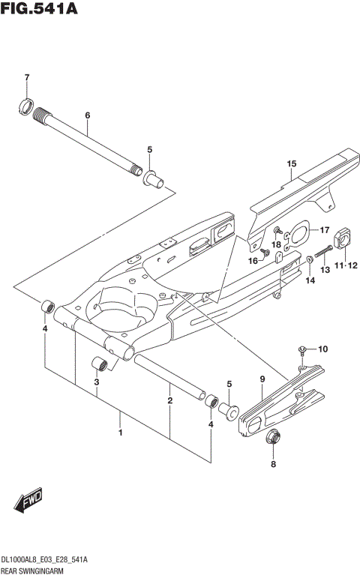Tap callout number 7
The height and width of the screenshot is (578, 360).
coord(26,78)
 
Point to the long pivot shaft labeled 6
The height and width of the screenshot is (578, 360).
coord(90,142)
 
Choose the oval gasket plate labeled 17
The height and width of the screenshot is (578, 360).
coord(301,234)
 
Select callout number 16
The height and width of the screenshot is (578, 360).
coord(253,260)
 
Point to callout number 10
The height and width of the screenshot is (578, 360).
coord(323,349)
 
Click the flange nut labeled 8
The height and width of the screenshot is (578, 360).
coord(273,436)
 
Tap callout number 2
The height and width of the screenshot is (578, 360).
coord(170,401)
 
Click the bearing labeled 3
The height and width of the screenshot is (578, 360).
coord(99,365)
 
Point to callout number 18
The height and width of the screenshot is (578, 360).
coord(277,244)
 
